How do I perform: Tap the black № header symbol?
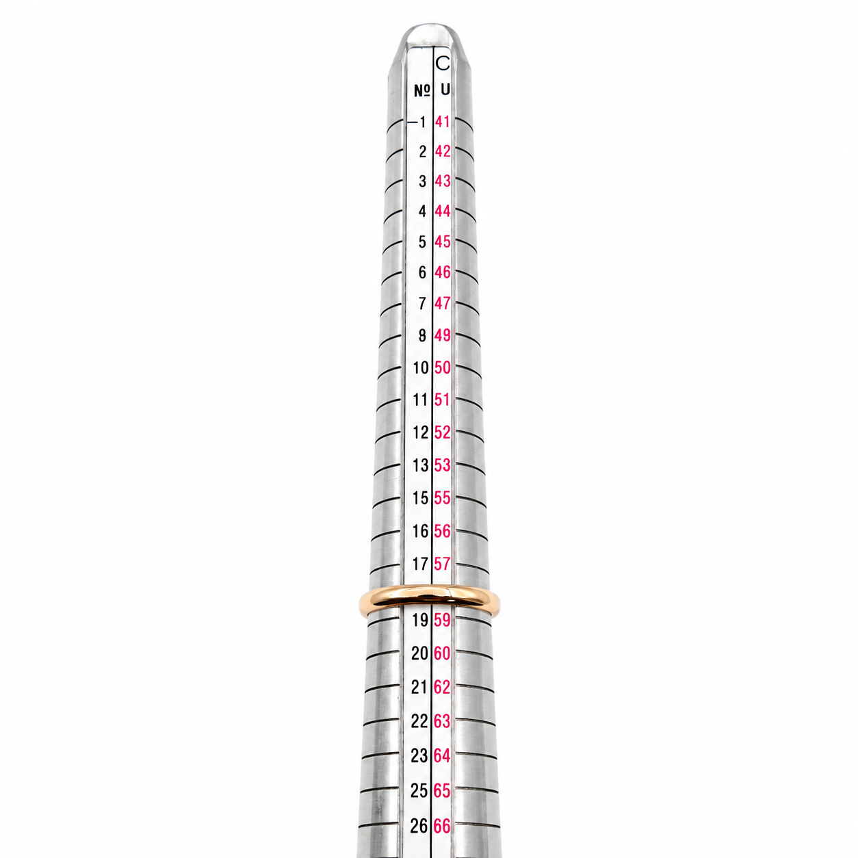tap(423, 91)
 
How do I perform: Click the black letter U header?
tap(445, 90)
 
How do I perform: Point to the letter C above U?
tap(443, 63)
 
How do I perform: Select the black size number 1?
tap(423, 122)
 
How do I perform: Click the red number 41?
tap(443, 122)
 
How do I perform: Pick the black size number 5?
tap(422, 242)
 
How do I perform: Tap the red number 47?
tap(443, 303)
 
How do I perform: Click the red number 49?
tap(443, 335)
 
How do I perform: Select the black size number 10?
tap(421, 368)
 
